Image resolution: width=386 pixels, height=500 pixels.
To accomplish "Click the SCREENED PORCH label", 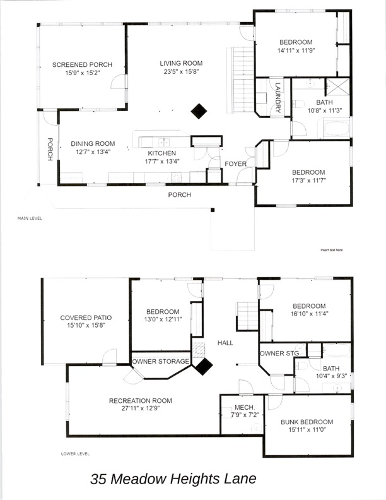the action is pos(82,65).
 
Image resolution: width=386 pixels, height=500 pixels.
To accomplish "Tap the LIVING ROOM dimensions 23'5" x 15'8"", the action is pos(181,72).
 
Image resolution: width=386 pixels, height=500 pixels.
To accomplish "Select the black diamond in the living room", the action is pos(199,111).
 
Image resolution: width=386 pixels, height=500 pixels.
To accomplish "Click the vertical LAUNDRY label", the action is pos(278,98).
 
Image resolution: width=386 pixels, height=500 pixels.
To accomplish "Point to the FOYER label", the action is pos(236,164).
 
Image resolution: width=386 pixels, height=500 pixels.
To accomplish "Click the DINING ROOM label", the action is pos(93,144).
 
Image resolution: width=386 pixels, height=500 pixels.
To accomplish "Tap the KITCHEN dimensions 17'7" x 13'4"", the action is pos(162,162).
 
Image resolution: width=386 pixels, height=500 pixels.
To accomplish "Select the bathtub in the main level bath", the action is pos(336,128).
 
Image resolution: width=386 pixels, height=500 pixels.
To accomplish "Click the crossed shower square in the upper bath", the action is pos(337,86).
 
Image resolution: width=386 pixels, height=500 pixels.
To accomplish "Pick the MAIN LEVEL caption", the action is pos(30,218).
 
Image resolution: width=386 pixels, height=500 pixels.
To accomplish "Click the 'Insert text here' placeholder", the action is pos(332,250).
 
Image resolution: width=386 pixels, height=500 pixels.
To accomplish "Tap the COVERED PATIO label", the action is pos(86,318).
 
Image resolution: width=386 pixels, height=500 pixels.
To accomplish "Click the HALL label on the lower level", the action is pos(226,343).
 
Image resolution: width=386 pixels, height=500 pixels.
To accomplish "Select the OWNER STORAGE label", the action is pos(160,361).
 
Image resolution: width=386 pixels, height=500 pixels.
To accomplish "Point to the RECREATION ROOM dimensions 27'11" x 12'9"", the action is pos(141,408).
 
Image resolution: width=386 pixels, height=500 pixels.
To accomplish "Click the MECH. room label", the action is pos(245,408).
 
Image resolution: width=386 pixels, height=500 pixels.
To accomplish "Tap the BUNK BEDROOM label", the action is pos(307,422).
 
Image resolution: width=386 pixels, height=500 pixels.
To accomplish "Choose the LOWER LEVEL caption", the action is pos(75,454).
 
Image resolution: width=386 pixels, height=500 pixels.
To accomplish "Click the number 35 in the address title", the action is pos(98,479).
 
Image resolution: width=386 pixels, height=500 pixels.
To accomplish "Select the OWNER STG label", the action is pos(279,354).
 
